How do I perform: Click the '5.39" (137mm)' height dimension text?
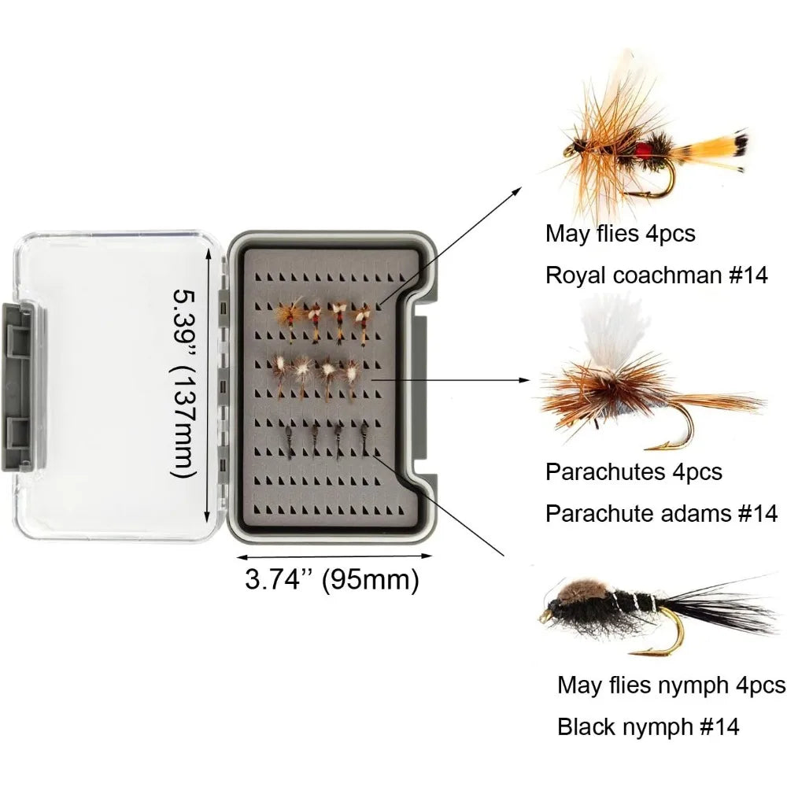coord(183,383)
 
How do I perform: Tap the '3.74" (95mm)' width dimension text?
coord(332,580)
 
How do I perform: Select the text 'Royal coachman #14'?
coord(656,275)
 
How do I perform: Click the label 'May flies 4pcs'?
coord(620,234)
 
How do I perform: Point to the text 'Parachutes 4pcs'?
coord(634,471)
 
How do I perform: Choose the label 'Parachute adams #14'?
coord(661,513)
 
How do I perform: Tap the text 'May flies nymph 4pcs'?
coord(671,685)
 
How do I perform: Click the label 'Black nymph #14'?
coord(648,726)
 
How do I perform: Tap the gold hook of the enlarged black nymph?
coord(663,634)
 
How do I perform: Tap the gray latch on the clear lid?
coord(22,386)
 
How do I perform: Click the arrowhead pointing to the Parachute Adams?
coord(525,380)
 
